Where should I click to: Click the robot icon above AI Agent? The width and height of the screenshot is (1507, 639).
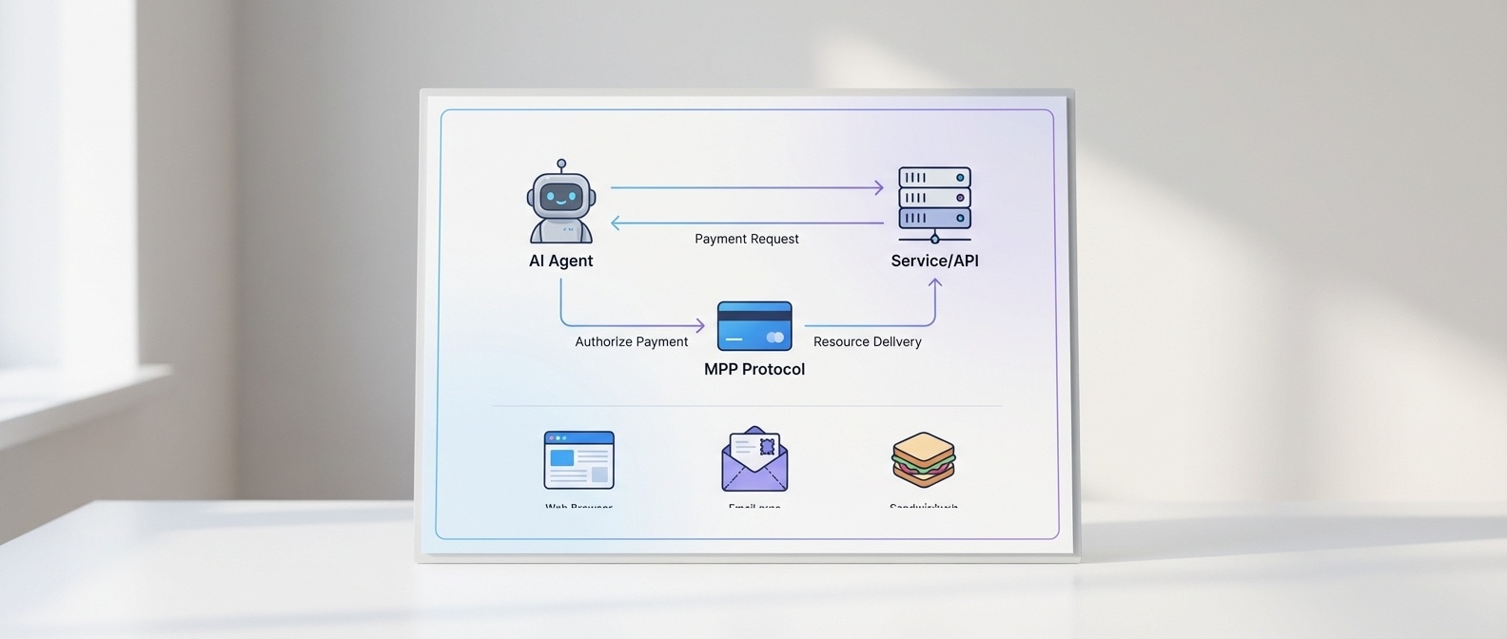561,203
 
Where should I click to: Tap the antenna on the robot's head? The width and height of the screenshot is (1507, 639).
561,165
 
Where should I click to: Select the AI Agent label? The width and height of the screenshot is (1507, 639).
560,261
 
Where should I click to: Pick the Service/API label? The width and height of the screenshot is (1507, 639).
934,261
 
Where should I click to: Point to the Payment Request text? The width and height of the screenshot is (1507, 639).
747,239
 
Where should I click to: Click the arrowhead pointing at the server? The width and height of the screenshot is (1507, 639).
879,188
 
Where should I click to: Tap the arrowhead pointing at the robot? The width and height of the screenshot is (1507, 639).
616,223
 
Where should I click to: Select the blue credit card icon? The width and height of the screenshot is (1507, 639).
754,326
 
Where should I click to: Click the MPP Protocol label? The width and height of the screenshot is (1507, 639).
754,369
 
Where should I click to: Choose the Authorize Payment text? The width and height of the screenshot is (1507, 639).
631,341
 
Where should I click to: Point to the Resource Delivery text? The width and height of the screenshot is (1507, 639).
867,341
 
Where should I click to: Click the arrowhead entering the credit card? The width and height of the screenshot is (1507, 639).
700,326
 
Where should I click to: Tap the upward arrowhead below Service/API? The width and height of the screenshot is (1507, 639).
935,283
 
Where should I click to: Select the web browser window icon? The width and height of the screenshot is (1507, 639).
578,460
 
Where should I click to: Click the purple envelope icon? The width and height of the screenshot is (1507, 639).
754,460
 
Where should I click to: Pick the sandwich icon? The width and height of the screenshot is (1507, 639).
923,459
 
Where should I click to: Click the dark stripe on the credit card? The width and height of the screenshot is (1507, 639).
754,316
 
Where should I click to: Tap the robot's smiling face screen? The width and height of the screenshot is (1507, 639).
561,198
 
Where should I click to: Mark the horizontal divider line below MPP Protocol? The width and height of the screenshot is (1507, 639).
747,406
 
